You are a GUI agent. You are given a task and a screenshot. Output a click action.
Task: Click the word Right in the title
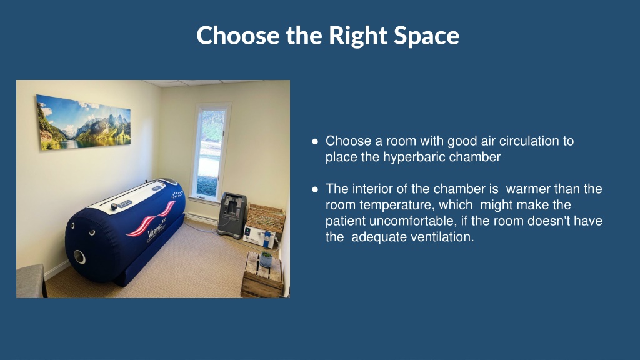[357, 36]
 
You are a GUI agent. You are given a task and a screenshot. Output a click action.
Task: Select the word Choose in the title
[238, 35]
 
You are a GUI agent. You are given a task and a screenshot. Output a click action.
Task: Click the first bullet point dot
[315, 142]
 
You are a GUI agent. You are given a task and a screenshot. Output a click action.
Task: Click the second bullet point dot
[315, 189]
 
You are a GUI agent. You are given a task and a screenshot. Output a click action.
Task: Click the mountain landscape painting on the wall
[84, 122]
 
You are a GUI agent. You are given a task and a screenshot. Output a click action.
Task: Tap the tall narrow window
[210, 152]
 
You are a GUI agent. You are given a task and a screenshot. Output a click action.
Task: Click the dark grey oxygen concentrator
[232, 216]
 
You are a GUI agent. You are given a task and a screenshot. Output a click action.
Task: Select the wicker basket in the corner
[266, 218]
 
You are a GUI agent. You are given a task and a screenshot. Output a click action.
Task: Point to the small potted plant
[266, 259]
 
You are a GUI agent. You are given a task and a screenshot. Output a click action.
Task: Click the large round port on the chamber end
[79, 257]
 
